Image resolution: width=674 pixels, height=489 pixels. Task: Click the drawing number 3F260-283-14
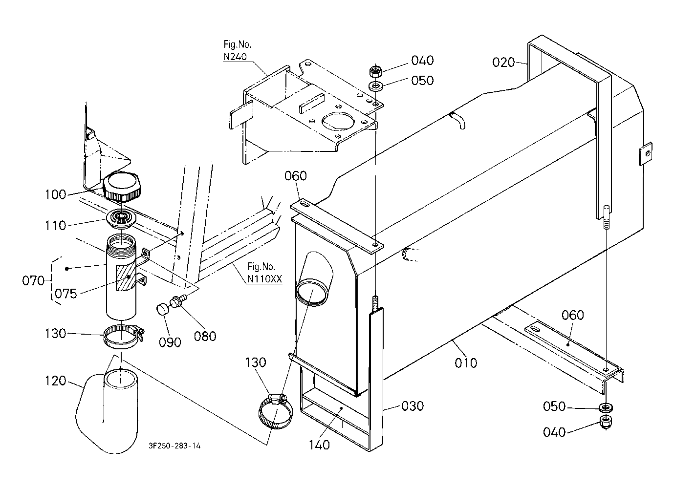(174, 446)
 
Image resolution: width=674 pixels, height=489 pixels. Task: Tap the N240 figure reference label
(235, 57)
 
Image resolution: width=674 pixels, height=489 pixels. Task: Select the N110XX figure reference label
(265, 279)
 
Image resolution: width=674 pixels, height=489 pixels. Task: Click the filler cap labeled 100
(122, 187)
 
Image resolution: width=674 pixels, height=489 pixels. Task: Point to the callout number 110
(55, 226)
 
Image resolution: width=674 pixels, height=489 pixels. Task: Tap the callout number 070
(33, 281)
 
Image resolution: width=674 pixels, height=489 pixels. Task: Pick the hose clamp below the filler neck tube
(123, 337)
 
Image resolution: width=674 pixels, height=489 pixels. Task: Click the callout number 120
(55, 381)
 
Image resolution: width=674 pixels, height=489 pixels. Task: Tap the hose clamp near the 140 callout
(275, 411)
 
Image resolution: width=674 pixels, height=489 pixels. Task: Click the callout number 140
(319, 445)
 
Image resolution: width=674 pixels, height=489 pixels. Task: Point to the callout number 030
(413, 406)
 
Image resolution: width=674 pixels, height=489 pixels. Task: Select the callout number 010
(466, 363)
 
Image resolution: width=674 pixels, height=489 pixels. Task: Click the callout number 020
(504, 62)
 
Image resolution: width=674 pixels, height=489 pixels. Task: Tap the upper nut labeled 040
(375, 71)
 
